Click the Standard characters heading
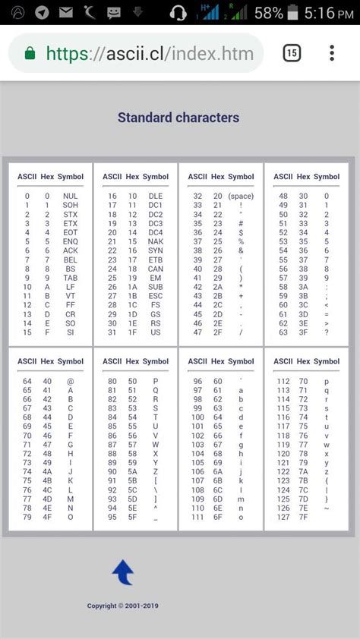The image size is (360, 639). (x=178, y=118)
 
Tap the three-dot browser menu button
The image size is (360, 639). (x=332, y=53)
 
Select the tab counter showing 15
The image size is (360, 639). (x=292, y=53)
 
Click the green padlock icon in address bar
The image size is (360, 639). (x=30, y=53)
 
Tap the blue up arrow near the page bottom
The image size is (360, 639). (x=122, y=572)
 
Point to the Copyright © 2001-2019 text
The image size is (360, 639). (x=123, y=606)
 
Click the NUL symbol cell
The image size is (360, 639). (x=71, y=196)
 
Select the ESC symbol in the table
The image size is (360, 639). (x=156, y=296)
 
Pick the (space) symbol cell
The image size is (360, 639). (x=241, y=196)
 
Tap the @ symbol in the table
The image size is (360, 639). (x=71, y=381)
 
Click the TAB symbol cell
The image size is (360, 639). (x=71, y=278)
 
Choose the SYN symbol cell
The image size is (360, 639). (x=156, y=250)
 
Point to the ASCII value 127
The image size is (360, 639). (x=283, y=518)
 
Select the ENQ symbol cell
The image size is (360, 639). (x=71, y=241)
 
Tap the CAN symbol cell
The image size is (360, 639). (x=156, y=269)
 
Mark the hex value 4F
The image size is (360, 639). (x=48, y=518)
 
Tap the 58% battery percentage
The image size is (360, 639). (x=268, y=13)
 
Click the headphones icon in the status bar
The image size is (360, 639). (x=179, y=13)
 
